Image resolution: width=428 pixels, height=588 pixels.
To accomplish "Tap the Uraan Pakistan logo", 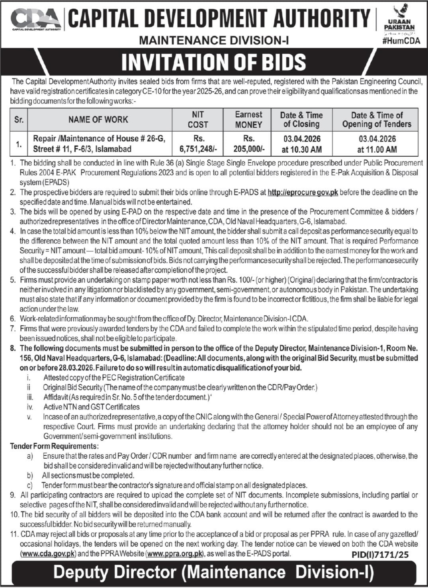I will (399, 18).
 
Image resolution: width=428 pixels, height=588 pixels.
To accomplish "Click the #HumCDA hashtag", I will (401, 41).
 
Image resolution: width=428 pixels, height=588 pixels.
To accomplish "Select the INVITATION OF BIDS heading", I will (213, 62).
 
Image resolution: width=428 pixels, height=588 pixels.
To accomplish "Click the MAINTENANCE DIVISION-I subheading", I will (214, 40).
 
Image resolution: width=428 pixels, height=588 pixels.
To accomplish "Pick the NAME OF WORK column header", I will (98, 119).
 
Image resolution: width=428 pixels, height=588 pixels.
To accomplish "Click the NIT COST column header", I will (198, 119).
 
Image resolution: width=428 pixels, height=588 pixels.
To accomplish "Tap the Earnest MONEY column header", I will (248, 119).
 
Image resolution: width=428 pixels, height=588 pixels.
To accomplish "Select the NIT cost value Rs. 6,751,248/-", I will (198, 144).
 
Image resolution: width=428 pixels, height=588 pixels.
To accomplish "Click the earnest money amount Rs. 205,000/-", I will (248, 144).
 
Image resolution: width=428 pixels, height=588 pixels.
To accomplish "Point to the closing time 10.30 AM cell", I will (301, 150).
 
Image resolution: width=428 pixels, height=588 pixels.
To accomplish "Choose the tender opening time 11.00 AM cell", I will (377, 150).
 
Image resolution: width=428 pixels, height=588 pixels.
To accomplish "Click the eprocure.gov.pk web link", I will (303, 192).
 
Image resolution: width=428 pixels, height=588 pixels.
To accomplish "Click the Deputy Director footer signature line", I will (214, 572).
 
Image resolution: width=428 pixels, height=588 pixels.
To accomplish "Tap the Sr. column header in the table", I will (19, 119).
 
